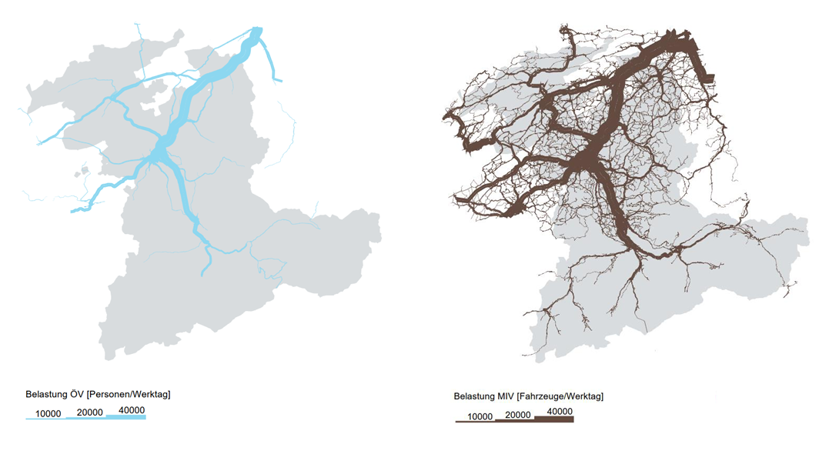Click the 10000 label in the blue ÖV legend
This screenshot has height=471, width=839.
(48, 413)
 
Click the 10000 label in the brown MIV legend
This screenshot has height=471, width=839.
(480, 416)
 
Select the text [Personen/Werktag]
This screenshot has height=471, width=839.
(129, 394)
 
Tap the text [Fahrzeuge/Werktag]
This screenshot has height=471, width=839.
(560, 396)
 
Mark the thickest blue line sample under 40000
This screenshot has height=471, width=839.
(125, 417)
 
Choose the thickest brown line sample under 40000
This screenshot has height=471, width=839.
(554, 419)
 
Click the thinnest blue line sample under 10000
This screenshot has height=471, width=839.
(46, 419)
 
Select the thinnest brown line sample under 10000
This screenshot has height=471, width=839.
(475, 422)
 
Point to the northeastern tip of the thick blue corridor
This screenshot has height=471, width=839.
(257, 32)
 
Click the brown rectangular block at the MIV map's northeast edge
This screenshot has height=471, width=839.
(707, 78)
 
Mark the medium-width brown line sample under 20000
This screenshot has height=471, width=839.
(514, 421)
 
